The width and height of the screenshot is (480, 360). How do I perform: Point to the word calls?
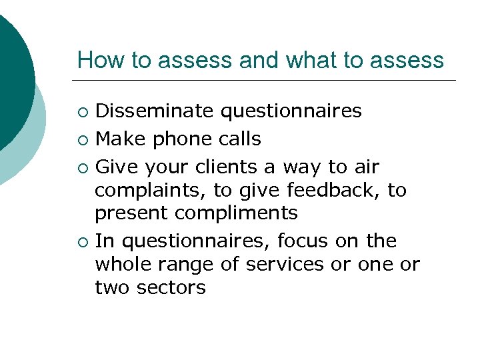click(x=237, y=139)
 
